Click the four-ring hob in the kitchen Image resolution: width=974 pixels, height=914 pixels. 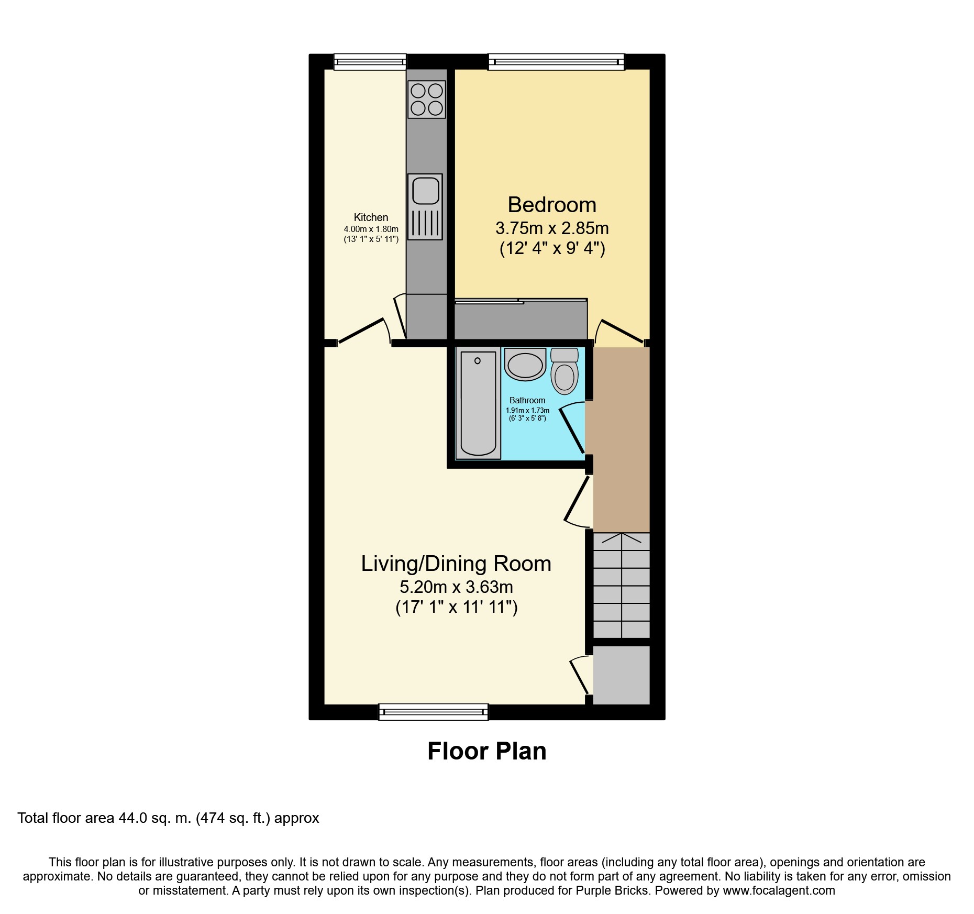click(426, 99)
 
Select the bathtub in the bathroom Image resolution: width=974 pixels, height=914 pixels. click(478, 403)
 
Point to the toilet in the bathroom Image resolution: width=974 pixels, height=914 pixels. click(564, 372)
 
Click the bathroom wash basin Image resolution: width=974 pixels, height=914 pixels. click(525, 365)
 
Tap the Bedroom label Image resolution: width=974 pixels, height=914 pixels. click(552, 205)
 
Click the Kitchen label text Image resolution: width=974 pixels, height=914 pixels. click(371, 217)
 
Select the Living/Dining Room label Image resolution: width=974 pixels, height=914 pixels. click(456, 564)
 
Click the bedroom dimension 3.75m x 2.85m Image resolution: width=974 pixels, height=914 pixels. click(552, 228)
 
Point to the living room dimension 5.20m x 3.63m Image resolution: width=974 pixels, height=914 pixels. click(456, 587)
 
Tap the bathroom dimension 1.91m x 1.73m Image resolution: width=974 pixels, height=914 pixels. click(527, 411)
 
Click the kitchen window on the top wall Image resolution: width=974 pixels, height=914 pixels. click(370, 62)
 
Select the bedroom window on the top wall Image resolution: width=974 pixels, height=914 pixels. click(556, 62)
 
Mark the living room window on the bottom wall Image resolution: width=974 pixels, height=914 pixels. click(433, 712)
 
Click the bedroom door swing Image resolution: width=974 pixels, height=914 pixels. click(619, 331)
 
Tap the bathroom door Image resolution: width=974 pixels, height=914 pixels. click(572, 430)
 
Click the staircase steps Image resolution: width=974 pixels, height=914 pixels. click(621, 586)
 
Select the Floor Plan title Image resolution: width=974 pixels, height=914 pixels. click(486, 751)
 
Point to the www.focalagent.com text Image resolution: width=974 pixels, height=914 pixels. click(779, 890)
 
